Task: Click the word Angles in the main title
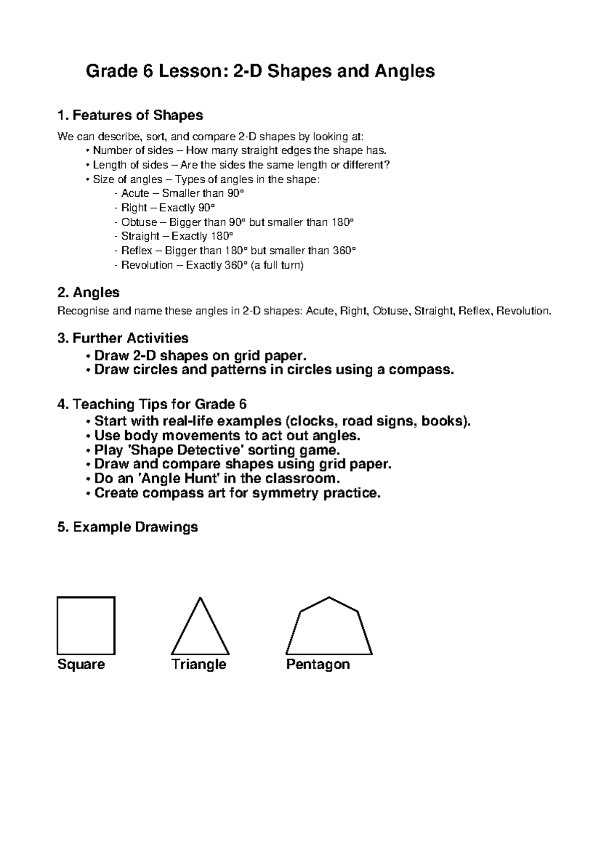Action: (404, 72)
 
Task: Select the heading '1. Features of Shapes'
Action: (130, 115)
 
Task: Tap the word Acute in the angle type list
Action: (135, 193)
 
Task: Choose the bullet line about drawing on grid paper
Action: (199, 355)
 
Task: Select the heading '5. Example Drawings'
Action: (128, 527)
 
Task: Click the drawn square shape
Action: (86, 626)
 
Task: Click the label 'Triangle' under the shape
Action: (199, 664)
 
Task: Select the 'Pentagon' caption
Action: (318, 664)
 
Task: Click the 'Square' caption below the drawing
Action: (81, 664)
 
